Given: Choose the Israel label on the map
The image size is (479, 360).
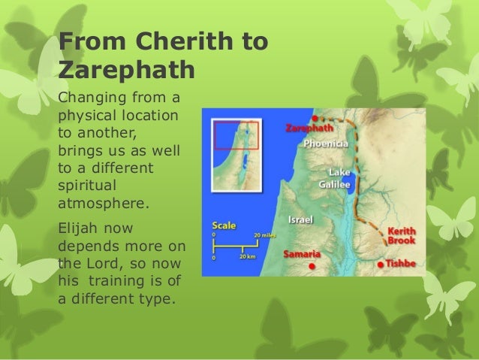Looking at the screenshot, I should pos(300,220).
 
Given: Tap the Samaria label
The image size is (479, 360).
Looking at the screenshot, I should pos(303,253).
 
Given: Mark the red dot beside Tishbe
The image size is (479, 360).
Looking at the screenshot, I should pos(381,265).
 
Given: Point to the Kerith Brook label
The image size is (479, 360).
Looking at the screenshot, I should pos(400,235).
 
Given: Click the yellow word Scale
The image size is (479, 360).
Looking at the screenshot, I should pos(225,225).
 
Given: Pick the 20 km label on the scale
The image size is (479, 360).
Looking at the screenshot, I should pos(248,257).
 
